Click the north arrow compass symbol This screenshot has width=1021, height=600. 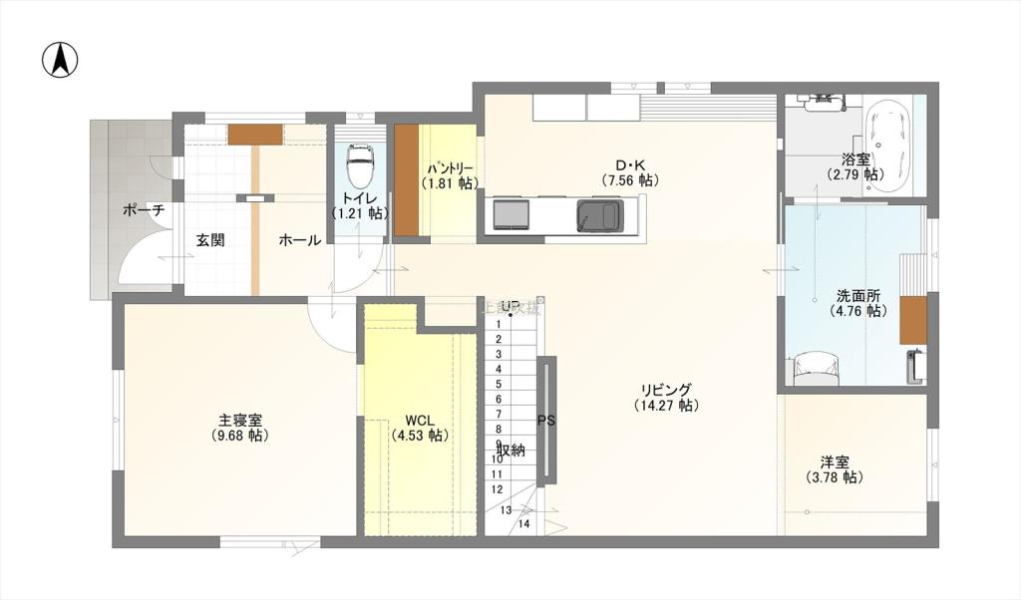[x=61, y=61]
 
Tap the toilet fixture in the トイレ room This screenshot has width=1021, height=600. [x=359, y=162]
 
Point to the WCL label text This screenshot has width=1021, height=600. [x=420, y=420]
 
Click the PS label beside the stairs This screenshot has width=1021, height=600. [x=546, y=421]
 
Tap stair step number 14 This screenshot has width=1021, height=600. [x=523, y=523]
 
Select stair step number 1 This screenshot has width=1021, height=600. [x=498, y=339]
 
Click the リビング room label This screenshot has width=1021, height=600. [x=666, y=390]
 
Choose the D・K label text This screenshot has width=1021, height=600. [x=629, y=165]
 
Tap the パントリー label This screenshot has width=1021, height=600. [x=451, y=168]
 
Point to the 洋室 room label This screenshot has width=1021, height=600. [x=835, y=462]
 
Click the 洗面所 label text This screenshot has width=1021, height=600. [x=858, y=296]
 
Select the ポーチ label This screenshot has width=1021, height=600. [x=143, y=211]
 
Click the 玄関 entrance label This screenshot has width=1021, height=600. [x=209, y=240]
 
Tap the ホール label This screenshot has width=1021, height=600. [x=299, y=240]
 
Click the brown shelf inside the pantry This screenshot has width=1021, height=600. [x=406, y=180]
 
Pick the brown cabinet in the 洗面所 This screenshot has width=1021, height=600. [x=912, y=320]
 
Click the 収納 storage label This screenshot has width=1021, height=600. [x=510, y=450]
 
